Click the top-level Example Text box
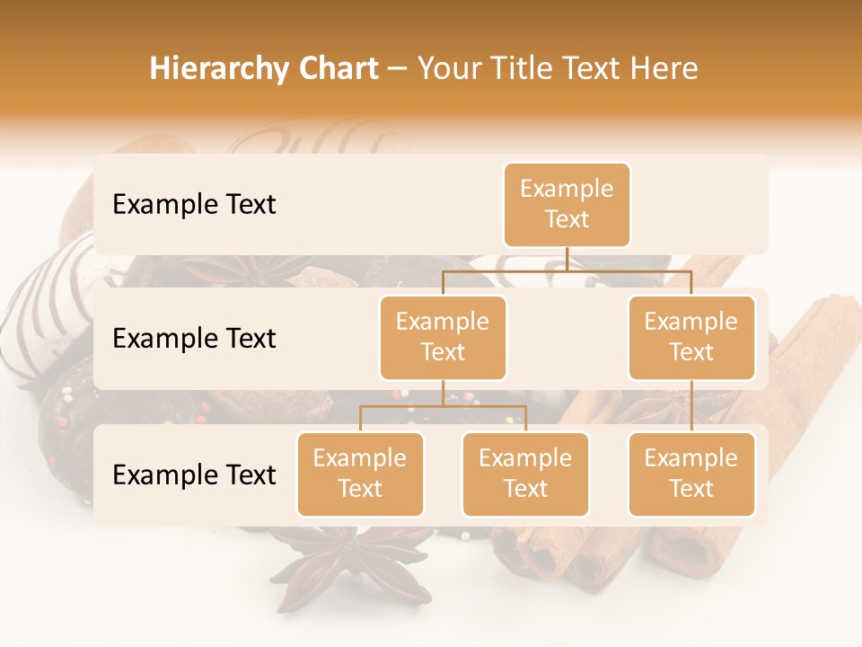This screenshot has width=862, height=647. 567,205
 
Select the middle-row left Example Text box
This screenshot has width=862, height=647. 443,338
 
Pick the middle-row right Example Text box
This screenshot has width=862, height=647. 691,338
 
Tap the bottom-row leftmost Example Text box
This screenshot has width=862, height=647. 360,474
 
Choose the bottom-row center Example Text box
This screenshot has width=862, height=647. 525,474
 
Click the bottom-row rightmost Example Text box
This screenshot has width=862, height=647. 691,474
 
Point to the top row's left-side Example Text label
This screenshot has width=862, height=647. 194,205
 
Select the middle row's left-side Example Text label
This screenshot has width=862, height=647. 194,339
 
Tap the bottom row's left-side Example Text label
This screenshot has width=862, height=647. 194,475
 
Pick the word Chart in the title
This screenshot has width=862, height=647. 339,68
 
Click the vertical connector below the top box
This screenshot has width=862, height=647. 567,258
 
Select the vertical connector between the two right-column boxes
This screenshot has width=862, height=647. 691,406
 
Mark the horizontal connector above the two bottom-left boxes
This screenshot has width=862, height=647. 443,407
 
